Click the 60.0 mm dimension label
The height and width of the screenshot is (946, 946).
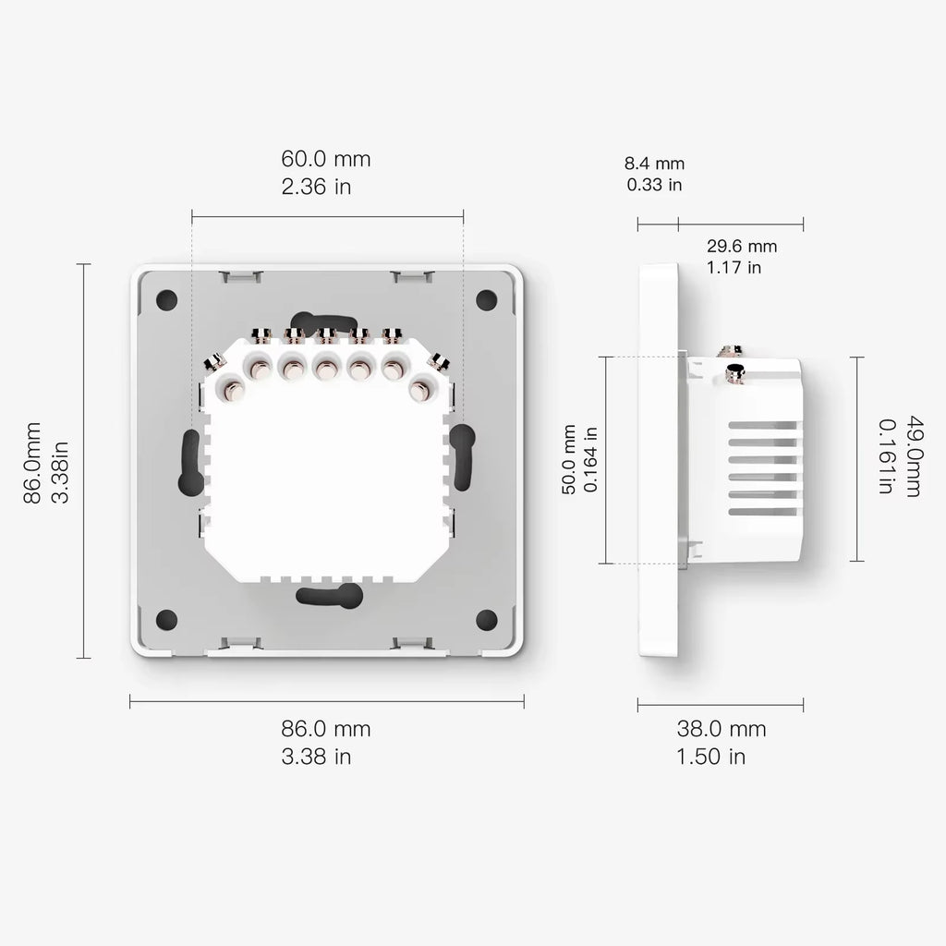coord(326,159)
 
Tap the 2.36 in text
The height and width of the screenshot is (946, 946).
coord(316,187)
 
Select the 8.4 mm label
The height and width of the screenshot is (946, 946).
coord(655,164)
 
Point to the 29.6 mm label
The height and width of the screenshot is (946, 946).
coord(742,246)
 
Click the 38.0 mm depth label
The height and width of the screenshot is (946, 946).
coord(721,728)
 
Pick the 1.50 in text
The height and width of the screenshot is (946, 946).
coord(711,757)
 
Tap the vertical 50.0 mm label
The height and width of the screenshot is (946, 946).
coord(569,459)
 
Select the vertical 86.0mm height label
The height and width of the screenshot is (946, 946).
coord(32,462)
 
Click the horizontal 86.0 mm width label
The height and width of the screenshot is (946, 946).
coord(326,728)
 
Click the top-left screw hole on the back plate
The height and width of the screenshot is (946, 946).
coord(166,299)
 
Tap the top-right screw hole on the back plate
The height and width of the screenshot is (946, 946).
coord(486,299)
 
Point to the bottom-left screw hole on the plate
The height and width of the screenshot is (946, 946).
coord(166,619)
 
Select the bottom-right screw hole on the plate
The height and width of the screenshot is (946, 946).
coord(486,619)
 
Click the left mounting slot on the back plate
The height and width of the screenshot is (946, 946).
coord(191,460)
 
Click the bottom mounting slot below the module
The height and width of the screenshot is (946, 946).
coord(330,596)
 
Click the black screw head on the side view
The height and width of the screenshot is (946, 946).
coord(736,372)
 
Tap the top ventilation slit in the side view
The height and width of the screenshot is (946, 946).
coord(762,426)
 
